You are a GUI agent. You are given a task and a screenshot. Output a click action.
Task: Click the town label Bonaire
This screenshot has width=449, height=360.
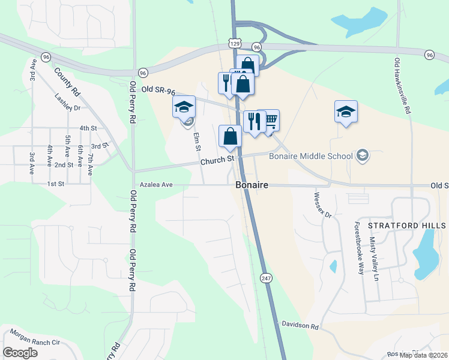pyautogui.click(x=252, y=185)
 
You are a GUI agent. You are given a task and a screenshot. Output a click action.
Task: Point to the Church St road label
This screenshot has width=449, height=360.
pyautogui.click(x=217, y=160)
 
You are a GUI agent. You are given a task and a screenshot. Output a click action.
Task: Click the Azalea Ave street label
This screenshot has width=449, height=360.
pyautogui.click(x=156, y=185)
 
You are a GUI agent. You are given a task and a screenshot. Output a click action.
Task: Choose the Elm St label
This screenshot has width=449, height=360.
pyautogui.click(x=196, y=142)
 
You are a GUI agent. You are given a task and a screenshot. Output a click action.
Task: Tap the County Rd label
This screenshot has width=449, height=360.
pyautogui.click(x=67, y=82)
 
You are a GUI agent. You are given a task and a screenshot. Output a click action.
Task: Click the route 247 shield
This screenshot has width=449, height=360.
pyautogui.click(x=266, y=278)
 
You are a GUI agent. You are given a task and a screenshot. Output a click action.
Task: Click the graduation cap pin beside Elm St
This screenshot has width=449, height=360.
pyautogui.click(x=184, y=107)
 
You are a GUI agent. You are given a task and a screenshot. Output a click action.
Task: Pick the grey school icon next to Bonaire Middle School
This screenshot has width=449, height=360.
pyautogui.click(x=362, y=157)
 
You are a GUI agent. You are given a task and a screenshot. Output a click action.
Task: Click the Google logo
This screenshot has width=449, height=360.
pyautogui.click(x=20, y=353)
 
